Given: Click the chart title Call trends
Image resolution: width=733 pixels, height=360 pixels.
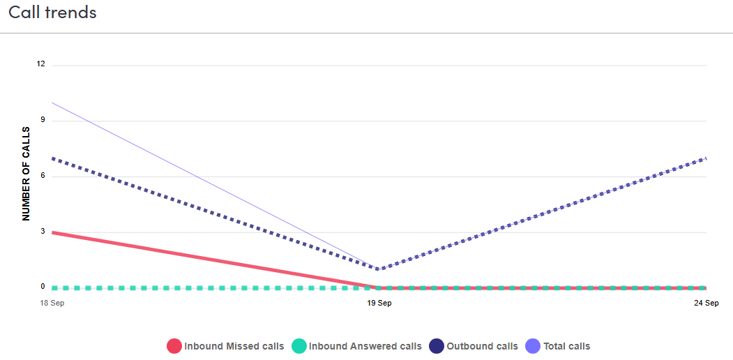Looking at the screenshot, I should click(x=52, y=13).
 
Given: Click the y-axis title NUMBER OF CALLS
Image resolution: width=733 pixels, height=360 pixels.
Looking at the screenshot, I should click(x=27, y=174).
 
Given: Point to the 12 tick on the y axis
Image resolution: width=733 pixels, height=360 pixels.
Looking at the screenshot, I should click(x=40, y=64).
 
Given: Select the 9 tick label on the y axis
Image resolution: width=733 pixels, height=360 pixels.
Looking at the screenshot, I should click(x=42, y=120).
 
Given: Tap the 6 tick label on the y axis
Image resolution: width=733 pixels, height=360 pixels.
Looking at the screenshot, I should click(x=42, y=176).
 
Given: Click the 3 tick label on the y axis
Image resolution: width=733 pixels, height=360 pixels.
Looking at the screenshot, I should click(x=42, y=232).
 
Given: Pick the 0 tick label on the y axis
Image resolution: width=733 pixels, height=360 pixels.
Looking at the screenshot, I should click(x=42, y=287).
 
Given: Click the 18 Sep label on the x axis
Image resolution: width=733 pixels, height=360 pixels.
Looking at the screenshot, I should click(x=52, y=303).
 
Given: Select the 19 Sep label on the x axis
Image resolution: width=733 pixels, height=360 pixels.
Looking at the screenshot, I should click(x=379, y=303).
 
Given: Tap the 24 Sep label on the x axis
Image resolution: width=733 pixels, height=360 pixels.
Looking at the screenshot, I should click(x=706, y=303).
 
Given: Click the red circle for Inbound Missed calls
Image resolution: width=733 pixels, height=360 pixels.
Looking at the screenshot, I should click(x=174, y=346).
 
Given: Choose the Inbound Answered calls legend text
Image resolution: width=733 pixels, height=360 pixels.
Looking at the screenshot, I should click(x=365, y=346).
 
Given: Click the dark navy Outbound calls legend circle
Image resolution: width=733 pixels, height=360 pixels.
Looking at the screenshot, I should click(x=437, y=346).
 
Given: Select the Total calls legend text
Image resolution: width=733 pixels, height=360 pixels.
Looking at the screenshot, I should click(x=567, y=346).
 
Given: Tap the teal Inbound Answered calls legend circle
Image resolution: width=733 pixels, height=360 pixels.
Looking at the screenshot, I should click(x=299, y=346).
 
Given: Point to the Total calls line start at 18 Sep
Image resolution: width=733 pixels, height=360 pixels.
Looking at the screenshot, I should click(x=53, y=103).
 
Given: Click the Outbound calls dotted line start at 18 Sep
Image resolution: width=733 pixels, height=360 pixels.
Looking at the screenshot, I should click(x=53, y=158).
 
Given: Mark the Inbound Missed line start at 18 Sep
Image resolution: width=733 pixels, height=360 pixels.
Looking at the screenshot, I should click(x=53, y=232).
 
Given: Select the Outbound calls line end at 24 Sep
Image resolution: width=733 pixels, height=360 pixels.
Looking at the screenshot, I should click(x=705, y=158).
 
